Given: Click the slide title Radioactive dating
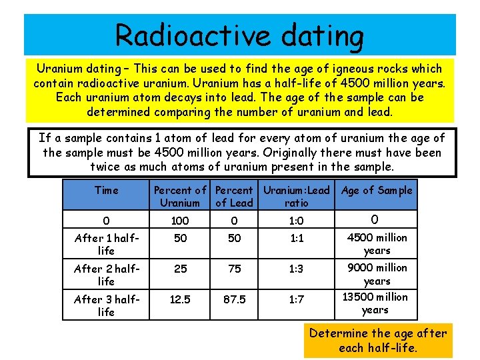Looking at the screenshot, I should pyautogui.click(x=239, y=35).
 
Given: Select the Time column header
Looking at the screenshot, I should pyautogui.click(x=106, y=191).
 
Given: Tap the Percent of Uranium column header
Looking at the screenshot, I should pyautogui.click(x=180, y=196).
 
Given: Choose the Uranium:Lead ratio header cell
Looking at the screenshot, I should pyautogui.click(x=296, y=196).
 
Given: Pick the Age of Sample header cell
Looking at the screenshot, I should pyautogui.click(x=377, y=191).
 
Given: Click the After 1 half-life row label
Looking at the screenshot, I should pyautogui.click(x=106, y=244).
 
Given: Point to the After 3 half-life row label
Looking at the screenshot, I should pyautogui.click(x=106, y=305).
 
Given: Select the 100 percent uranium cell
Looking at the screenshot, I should pyautogui.click(x=180, y=221).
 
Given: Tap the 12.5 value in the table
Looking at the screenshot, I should pyautogui.click(x=180, y=300).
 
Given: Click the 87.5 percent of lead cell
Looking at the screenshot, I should pyautogui.click(x=233, y=300).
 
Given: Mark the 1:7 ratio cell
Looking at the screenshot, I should pyautogui.click(x=296, y=300).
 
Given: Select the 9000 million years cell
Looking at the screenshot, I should pyautogui.click(x=377, y=274).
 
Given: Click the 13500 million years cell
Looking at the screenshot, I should pyautogui.click(x=375, y=303).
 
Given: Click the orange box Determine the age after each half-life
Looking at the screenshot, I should pyautogui.click(x=377, y=340).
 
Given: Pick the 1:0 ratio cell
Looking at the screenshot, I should pyautogui.click(x=296, y=221).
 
